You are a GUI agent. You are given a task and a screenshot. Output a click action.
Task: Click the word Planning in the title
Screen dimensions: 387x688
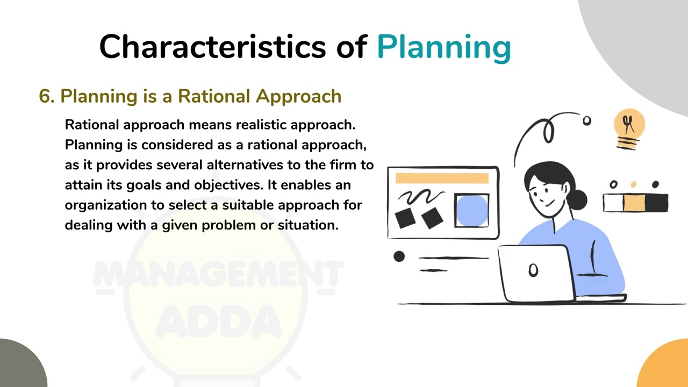click(443, 47)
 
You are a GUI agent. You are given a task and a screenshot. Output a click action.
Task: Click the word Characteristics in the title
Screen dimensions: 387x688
click(212, 47)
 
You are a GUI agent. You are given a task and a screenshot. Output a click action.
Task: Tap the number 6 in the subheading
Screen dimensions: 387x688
click(46, 96)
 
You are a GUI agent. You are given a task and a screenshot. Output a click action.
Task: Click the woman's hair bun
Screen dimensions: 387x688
click(577, 199)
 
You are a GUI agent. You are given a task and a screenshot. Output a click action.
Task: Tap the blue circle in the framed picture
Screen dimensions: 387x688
click(471, 210)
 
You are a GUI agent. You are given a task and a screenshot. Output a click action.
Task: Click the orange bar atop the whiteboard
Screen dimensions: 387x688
click(442, 178)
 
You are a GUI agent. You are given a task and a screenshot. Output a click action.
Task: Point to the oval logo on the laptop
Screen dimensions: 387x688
click(533, 270)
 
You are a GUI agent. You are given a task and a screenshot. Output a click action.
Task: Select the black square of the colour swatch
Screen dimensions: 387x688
click(656, 203)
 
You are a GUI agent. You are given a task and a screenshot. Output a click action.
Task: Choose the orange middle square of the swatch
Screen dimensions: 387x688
click(634, 203)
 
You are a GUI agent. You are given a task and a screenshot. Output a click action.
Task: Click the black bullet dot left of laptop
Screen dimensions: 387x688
click(399, 256)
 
